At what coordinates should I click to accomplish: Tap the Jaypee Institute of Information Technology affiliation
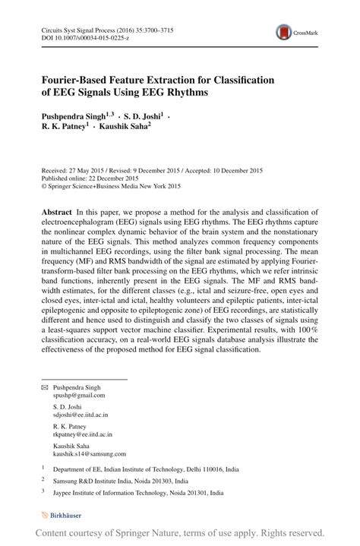(x=134, y=492)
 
